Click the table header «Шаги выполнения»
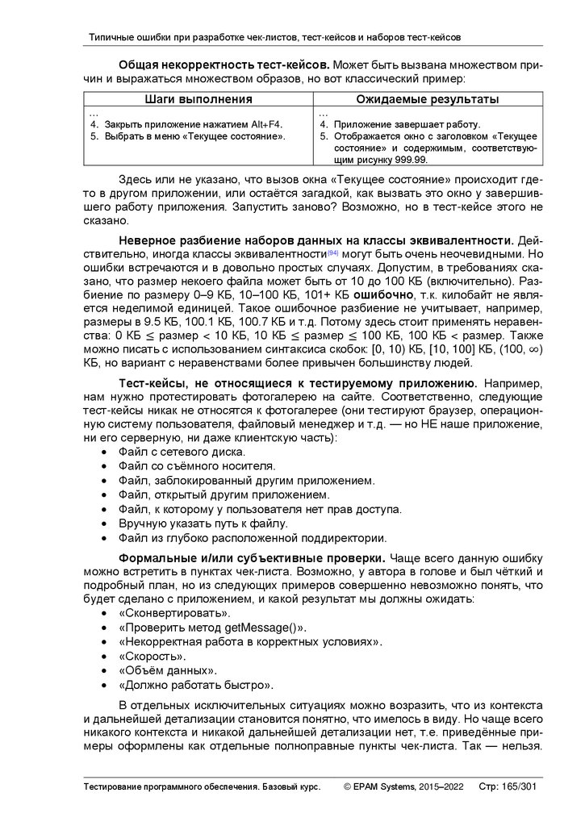198,99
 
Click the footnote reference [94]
332,252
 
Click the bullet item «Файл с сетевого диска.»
177,452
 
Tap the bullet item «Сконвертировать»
162,614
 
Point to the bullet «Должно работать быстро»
195,686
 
